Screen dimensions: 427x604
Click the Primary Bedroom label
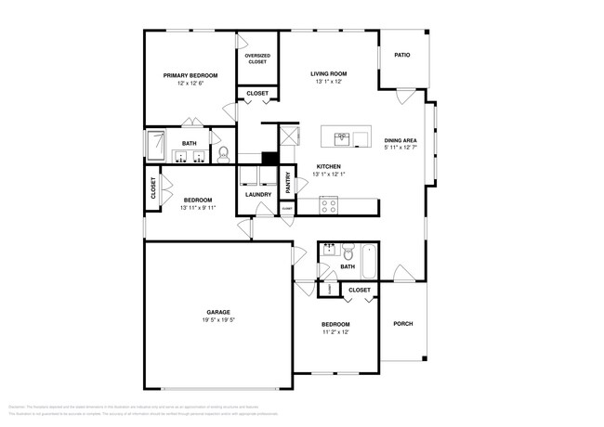tap(190, 75)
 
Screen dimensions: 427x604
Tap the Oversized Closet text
tap(257, 58)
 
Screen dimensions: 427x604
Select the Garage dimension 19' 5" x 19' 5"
tap(218, 319)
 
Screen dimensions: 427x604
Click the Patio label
tap(401, 55)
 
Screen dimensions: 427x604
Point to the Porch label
tap(402, 323)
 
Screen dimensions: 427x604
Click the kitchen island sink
tap(341, 138)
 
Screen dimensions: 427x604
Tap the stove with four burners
tap(328, 206)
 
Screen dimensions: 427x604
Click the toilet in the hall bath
tap(348, 252)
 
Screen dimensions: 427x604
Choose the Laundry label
tap(258, 194)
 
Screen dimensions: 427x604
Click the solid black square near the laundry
tap(269, 158)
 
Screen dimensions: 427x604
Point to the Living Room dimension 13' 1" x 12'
tap(328, 82)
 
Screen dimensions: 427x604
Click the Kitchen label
tap(329, 167)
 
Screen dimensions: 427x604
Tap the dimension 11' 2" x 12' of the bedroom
tap(335, 331)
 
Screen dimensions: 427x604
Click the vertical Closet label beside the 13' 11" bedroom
tap(153, 188)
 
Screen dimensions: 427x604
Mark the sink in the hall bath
tap(329, 250)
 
